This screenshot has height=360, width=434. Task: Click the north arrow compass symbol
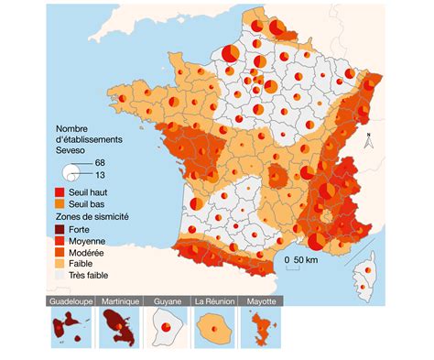(x=365, y=141)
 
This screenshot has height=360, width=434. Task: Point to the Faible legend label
(x=85, y=261)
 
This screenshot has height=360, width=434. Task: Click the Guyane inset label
(x=167, y=300)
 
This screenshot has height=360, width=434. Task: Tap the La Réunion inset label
(x=212, y=300)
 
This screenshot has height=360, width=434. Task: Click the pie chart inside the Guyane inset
(x=166, y=325)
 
